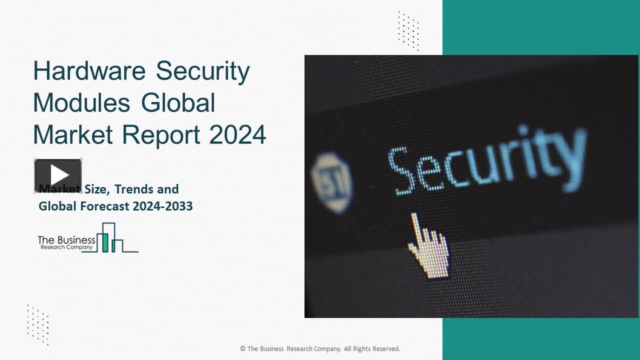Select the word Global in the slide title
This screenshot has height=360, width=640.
[178, 103]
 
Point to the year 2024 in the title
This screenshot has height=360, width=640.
[238, 134]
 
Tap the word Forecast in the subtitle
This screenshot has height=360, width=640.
[104, 206]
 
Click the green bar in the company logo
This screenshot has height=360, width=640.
[105, 242]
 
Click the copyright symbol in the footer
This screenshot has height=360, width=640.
[243, 349]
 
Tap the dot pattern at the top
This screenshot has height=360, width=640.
[408, 30]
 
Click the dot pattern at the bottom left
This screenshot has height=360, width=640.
[38, 324]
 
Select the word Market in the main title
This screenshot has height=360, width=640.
[68, 134]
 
